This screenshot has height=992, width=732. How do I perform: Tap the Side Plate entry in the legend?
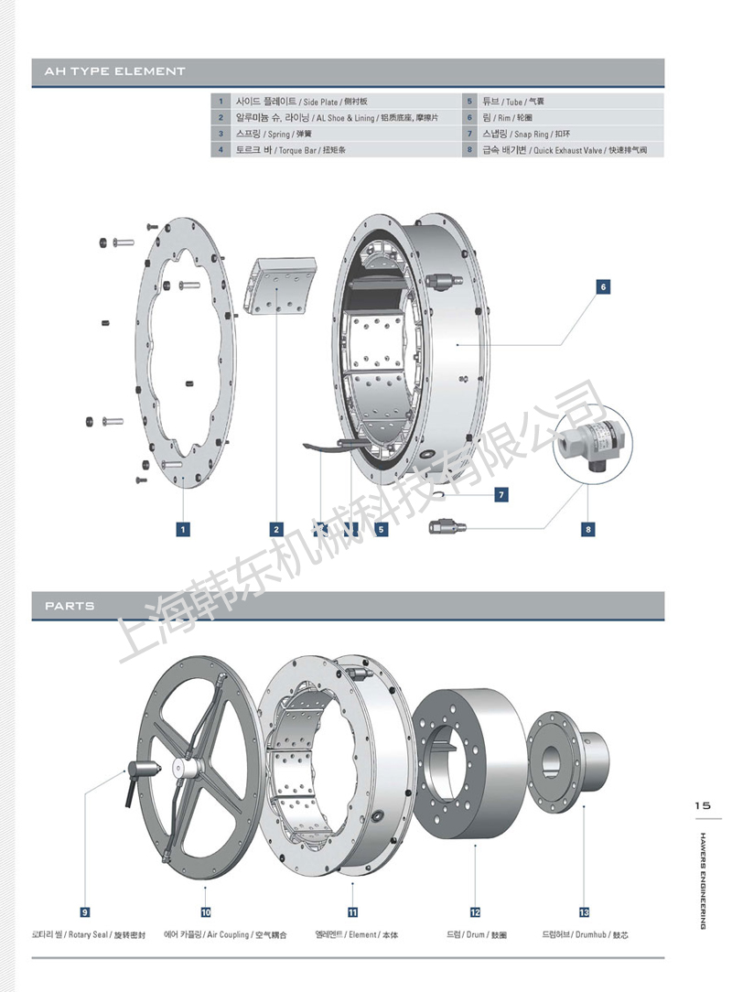click(x=301, y=102)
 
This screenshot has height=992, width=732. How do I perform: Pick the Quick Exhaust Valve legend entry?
click(x=571, y=149)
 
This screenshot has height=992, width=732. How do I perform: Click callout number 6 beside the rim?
click(x=603, y=286)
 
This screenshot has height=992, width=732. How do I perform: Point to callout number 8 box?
click(x=588, y=529)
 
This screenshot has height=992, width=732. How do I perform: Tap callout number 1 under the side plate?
click(x=184, y=529)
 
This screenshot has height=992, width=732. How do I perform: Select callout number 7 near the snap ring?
click(x=501, y=494)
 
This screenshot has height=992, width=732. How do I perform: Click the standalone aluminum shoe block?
click(x=281, y=286)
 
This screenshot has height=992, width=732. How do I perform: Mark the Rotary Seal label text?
click(x=83, y=935)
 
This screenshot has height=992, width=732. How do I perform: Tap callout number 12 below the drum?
click(x=475, y=911)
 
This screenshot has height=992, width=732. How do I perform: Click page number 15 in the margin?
click(x=702, y=806)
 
